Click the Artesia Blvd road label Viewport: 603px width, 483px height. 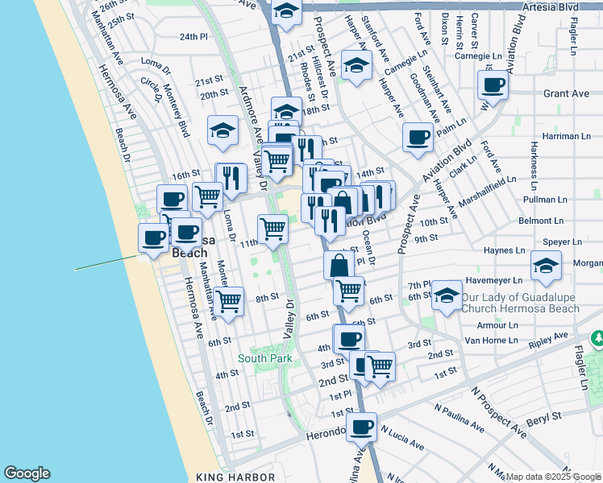point(547,7)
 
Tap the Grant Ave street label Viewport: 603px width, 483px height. point(566,93)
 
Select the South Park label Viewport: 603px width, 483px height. point(264,357)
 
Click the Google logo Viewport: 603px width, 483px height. point(27,474)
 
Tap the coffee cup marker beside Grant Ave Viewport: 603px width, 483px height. point(493,85)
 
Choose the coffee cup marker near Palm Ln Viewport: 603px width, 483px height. point(418,137)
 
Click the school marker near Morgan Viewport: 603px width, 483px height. point(547,266)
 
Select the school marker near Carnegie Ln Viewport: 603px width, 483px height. point(355,66)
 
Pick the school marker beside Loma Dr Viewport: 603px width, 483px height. point(222,130)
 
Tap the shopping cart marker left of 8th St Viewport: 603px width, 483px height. point(230,301)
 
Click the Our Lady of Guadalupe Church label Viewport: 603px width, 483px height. point(520,303)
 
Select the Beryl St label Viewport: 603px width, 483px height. point(544,418)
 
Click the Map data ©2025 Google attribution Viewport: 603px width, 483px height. point(553,477)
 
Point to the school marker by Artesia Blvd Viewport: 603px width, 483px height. point(286,12)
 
